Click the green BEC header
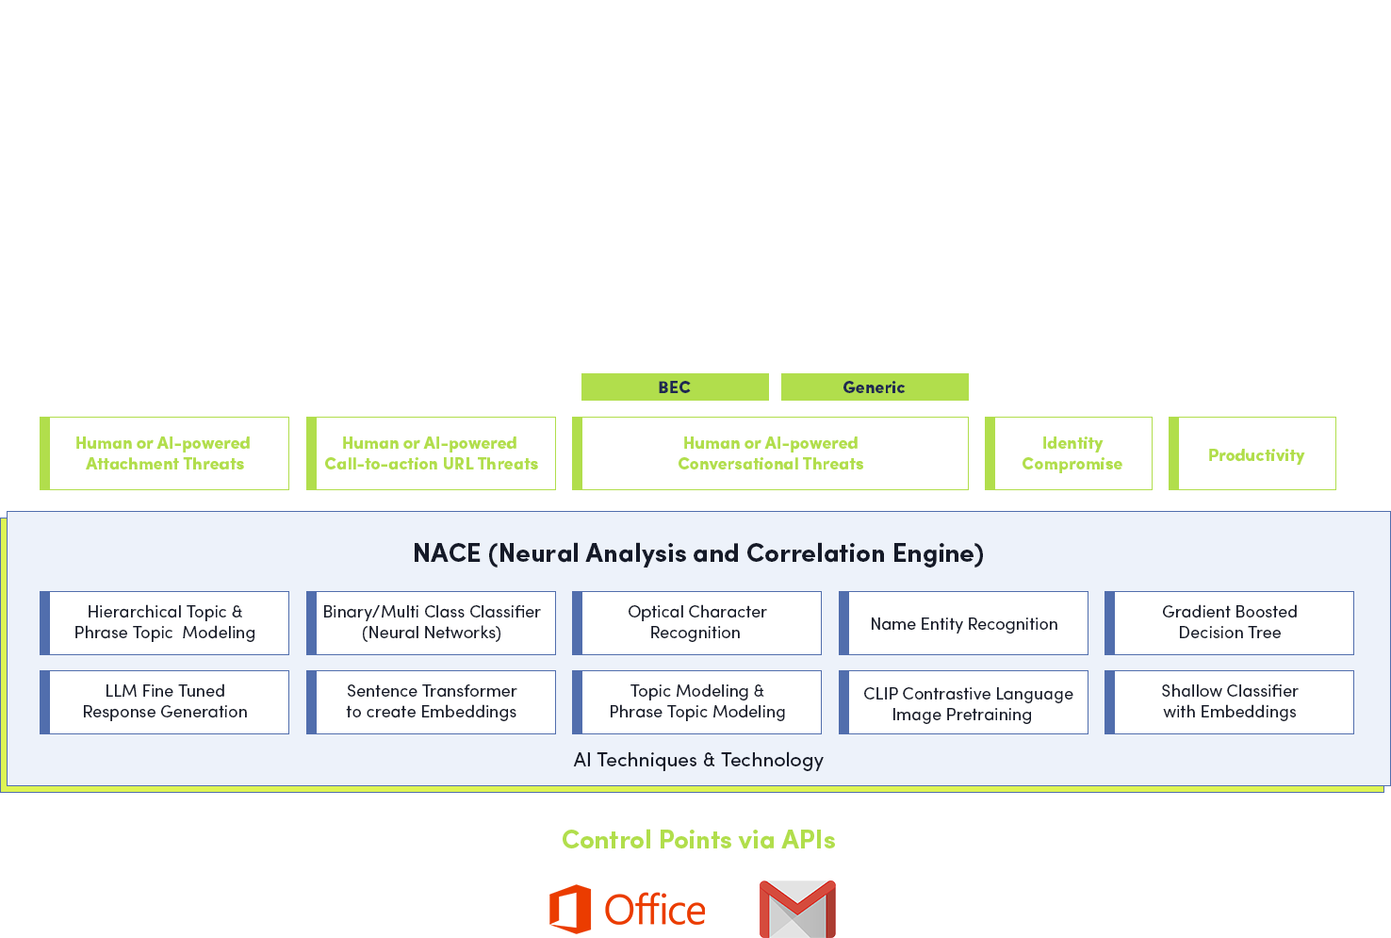tap(675, 387)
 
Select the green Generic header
tap(875, 387)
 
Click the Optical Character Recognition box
tap(697, 623)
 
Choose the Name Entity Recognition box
tap(964, 623)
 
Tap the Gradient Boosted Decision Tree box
tap(1230, 623)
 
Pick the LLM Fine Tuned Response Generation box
tap(165, 702)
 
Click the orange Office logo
tap(627, 910)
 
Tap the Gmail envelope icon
tap(797, 909)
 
